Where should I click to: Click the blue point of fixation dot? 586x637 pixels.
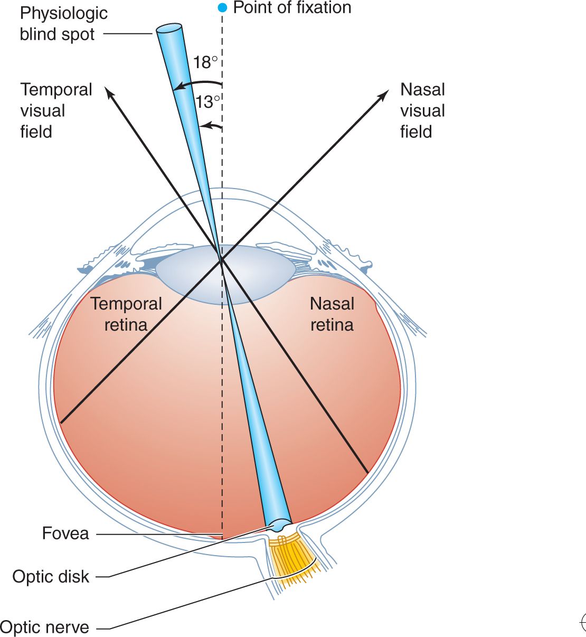pos(222,8)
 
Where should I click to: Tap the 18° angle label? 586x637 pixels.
pos(205,62)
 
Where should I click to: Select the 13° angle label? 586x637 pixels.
pos(207,101)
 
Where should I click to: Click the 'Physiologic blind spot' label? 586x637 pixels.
pos(63,24)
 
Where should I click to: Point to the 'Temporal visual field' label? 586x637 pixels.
pos(56,110)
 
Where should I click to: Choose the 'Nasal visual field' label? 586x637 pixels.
pos(422,110)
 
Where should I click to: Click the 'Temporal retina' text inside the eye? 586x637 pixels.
pos(126,314)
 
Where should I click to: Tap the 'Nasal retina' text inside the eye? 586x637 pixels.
pos(332,314)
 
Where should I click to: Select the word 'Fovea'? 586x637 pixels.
pos(65,533)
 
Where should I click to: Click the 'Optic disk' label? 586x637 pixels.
pos(51,577)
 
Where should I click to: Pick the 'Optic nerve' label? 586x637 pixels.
pos(45,627)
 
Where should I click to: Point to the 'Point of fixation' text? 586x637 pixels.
pos(292,8)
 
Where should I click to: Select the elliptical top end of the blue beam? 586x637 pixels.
pos(168,30)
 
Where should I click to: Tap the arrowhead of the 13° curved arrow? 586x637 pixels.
pos(204,126)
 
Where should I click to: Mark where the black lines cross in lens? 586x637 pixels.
pos(221,258)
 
